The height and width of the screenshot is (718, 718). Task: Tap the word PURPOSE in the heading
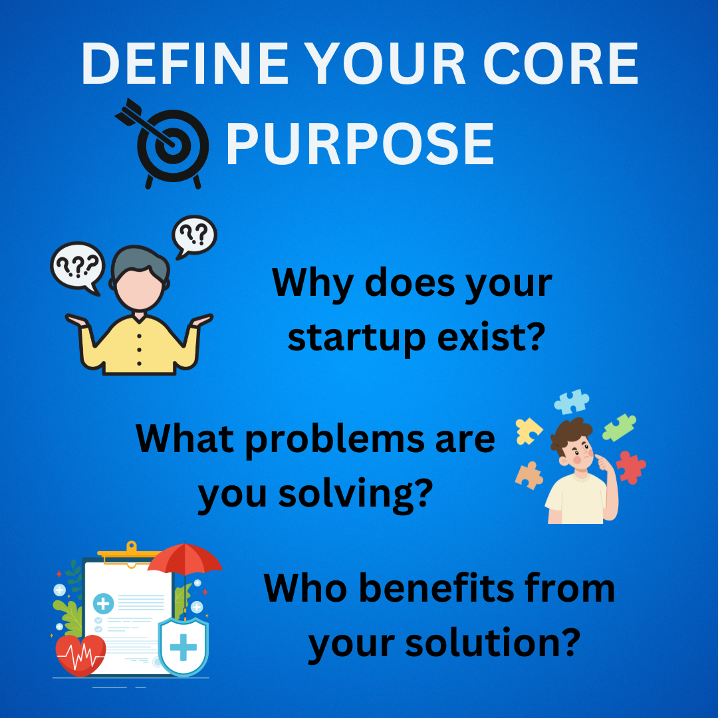(360, 144)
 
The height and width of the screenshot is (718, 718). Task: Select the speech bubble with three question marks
(77, 268)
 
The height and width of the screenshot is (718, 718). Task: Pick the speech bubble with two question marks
(194, 236)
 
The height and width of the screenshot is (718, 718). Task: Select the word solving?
(355, 495)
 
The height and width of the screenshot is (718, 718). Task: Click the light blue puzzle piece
(571, 402)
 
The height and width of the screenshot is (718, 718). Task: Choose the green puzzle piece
(619, 427)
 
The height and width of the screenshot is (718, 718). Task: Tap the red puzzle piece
(630, 467)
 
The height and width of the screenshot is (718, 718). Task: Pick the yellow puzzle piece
(528, 431)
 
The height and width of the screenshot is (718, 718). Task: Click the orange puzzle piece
(529, 476)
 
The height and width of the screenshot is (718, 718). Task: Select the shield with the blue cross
(183, 646)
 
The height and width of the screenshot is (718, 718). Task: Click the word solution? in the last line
(493, 643)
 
